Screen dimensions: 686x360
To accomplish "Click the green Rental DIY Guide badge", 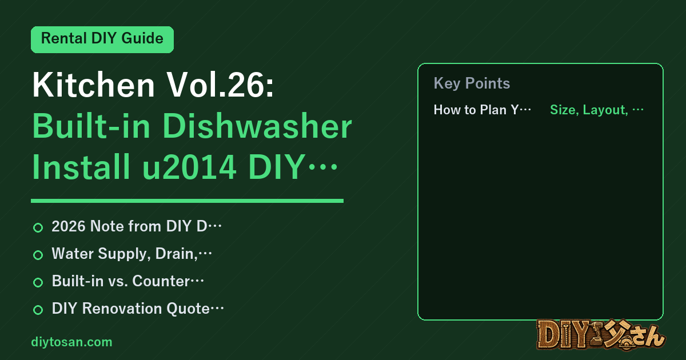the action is (102, 39).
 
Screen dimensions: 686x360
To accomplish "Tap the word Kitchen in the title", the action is (94, 85).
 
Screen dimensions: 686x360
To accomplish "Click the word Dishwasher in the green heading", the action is (257, 126).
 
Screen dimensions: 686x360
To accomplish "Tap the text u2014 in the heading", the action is (189, 167).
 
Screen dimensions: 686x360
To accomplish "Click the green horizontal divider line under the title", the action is (187, 201).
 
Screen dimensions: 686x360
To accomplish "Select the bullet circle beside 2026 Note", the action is (38, 227).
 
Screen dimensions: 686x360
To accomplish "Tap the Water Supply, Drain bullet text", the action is (131, 254).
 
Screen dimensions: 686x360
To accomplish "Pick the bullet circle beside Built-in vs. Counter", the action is (38, 282).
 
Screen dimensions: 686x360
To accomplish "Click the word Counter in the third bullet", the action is (161, 281).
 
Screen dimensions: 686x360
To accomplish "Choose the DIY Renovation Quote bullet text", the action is (138, 308).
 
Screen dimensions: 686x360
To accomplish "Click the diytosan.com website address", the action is (71, 342).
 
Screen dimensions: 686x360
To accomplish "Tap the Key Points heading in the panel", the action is (472, 83).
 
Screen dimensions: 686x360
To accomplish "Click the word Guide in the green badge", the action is (142, 38).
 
